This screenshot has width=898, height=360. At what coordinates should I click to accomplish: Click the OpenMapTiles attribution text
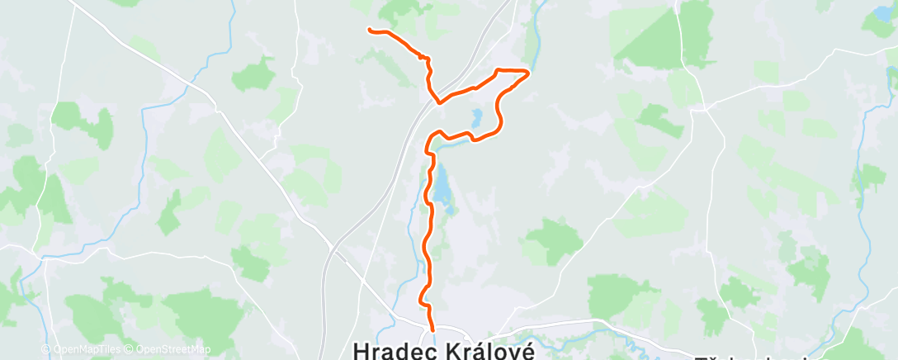point(86,349)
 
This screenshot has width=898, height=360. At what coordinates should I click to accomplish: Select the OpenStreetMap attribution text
point(173,349)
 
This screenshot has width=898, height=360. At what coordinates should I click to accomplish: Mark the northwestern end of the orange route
point(369,30)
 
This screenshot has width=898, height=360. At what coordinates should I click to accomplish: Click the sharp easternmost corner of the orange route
point(527,72)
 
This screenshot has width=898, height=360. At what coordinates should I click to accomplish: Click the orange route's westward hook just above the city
point(423,296)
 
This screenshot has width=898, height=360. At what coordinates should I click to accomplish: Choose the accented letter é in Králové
point(527,349)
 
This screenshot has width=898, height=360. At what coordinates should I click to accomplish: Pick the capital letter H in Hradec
point(361,349)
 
